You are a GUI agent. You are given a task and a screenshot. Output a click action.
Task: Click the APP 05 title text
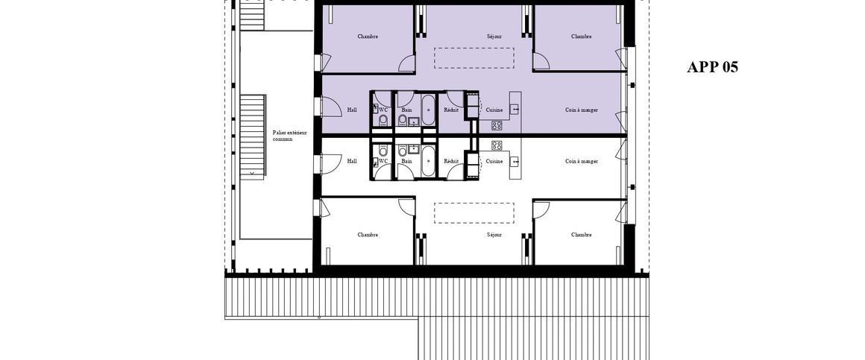point(712,67)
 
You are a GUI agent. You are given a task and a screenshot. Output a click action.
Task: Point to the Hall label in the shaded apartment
point(352,110)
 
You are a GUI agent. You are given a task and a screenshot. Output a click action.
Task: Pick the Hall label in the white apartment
point(352,161)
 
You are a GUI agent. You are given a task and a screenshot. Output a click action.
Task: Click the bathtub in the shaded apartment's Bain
point(428,110)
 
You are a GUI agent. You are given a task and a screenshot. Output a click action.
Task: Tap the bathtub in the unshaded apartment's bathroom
point(428,160)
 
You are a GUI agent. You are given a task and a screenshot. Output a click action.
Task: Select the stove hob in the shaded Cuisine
point(496,126)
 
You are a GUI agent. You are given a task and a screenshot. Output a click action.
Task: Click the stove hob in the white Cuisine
point(496,144)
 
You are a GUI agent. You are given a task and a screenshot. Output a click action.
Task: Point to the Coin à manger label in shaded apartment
point(582,110)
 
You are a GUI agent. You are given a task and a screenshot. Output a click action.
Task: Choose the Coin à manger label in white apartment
point(582,161)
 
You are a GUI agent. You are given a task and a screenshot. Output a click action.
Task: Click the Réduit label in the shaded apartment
point(451,110)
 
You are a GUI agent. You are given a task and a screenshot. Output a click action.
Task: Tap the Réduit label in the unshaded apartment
point(451,161)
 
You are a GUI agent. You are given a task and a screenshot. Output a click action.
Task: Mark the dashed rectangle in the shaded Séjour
point(474,58)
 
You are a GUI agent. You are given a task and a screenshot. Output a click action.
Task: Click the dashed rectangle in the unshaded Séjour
point(474,212)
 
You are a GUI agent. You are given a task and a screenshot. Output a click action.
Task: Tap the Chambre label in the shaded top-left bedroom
point(368,37)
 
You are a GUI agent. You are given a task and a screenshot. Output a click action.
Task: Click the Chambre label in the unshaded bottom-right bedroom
point(581,235)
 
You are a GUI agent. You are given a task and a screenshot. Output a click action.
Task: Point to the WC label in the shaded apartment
point(383,110)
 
